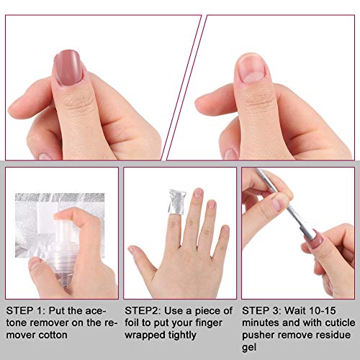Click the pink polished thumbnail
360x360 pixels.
pyautogui.click(x=68, y=68)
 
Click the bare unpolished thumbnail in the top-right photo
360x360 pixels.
pyautogui.click(x=252, y=68)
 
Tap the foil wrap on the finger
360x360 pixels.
pyautogui.click(x=177, y=202)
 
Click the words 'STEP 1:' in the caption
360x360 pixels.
pyautogui.click(x=25, y=310)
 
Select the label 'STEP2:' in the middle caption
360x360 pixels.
pyautogui.click(x=143, y=310)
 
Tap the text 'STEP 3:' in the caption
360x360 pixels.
pyautogui.click(x=261, y=310)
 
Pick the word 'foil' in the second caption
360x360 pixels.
pyautogui.click(x=132, y=323)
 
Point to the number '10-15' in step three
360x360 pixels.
pyautogui.click(x=322, y=310)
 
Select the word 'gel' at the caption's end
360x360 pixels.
pyautogui.click(x=249, y=348)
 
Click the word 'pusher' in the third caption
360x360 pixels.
pyautogui.click(x=258, y=336)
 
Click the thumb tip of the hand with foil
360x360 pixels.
pyautogui.click(x=132, y=250)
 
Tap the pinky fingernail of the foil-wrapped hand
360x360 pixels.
pyautogui.click(x=225, y=228)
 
